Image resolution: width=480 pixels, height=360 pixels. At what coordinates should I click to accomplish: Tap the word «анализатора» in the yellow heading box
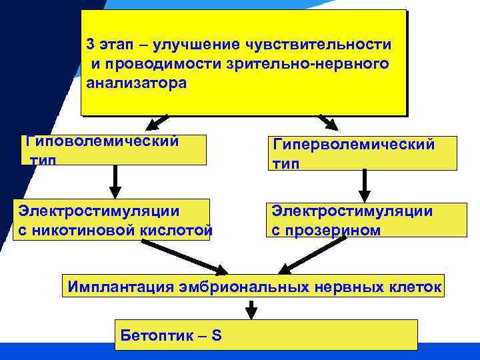pyautogui.click(x=137, y=83)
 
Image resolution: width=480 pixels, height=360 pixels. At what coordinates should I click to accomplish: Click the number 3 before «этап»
pyautogui.click(x=91, y=45)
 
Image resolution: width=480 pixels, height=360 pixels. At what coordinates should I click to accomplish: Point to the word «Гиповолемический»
pyautogui.click(x=101, y=141)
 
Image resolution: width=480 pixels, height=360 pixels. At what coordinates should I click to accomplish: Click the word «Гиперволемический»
pyautogui.click(x=353, y=145)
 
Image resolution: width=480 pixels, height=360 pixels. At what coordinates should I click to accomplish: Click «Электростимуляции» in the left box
pyautogui.click(x=99, y=211)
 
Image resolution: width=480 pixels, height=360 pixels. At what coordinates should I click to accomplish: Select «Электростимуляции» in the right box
pyautogui.click(x=352, y=211)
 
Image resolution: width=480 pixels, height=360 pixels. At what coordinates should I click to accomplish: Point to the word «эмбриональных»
pyautogui.click(x=241, y=288)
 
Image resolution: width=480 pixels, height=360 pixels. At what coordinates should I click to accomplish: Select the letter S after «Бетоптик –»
pyautogui.click(x=216, y=335)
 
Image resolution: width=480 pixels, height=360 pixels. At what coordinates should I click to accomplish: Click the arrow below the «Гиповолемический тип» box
pyautogui.click(x=115, y=181)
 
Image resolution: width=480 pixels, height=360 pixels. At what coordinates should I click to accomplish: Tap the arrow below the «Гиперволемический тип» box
pyautogui.click(x=365, y=185)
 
